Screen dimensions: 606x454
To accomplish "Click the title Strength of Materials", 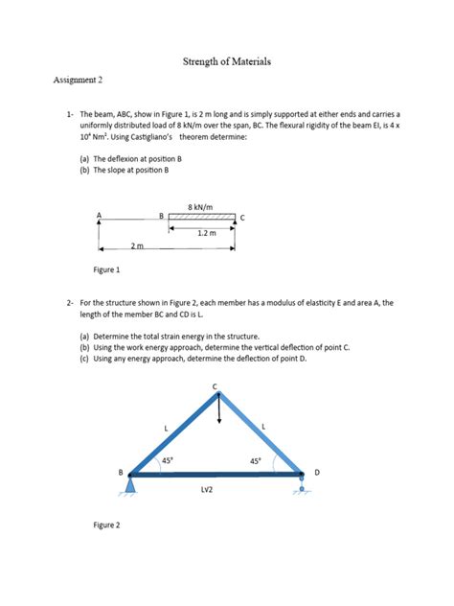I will [x=227, y=62].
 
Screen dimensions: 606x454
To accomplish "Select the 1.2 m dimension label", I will [x=206, y=232].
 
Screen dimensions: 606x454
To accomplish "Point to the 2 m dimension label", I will [x=137, y=247].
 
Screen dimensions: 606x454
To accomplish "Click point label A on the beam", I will [x=98, y=214].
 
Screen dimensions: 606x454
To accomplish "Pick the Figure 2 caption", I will [x=106, y=525].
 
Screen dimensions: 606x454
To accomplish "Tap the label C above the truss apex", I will [x=216, y=385].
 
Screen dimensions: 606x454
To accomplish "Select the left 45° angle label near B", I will [x=167, y=461].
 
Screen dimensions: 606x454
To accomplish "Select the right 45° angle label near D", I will [x=256, y=461].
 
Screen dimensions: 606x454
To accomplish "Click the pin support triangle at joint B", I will [x=128, y=487].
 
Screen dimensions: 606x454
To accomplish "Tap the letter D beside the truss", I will [x=317, y=473].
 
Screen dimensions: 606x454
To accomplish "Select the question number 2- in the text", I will [x=71, y=302].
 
